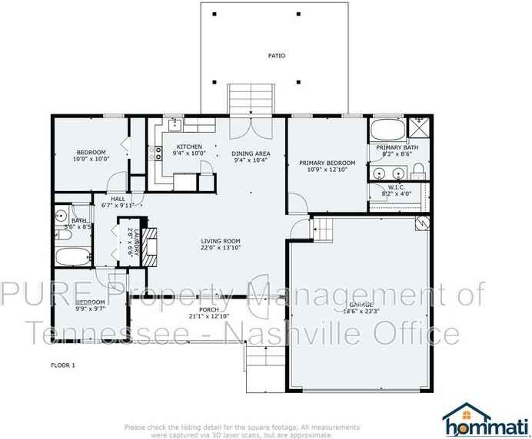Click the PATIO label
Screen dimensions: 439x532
pyautogui.click(x=277, y=55)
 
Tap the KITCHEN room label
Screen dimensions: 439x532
pyautogui.click(x=189, y=147)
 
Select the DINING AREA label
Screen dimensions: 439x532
pyautogui.click(x=251, y=153)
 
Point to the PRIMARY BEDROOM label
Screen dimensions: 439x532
pyautogui.click(x=327, y=163)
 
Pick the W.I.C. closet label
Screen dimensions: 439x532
pyautogui.click(x=397, y=186)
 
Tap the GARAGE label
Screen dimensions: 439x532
pyautogui.click(x=357, y=305)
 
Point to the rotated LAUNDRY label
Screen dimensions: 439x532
pyautogui.click(x=137, y=242)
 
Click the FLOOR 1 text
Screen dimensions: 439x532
pyautogui.click(x=63, y=365)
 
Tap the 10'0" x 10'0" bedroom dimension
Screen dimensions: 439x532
pyautogui.click(x=91, y=159)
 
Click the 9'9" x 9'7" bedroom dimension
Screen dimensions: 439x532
pyautogui.click(x=89, y=309)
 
